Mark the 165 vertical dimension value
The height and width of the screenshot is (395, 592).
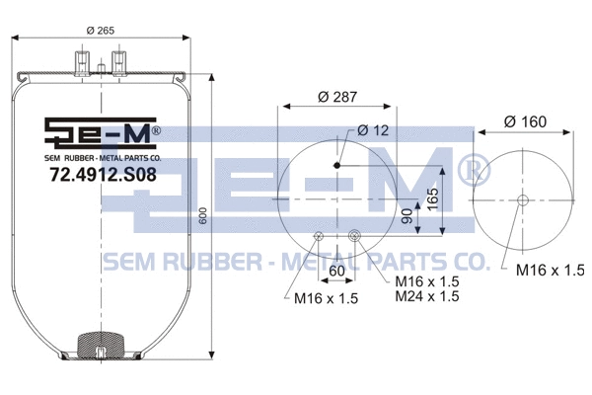pos(432,198)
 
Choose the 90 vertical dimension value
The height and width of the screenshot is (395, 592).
pos(404,217)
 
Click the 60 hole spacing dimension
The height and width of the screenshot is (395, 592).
pos(336,270)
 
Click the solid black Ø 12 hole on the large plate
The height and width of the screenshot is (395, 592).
pos(338,166)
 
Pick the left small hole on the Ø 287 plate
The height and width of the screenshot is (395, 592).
pos(319,235)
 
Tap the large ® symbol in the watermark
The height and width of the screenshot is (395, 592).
pos(472,171)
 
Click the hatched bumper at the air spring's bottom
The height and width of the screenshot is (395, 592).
pos(101,346)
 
